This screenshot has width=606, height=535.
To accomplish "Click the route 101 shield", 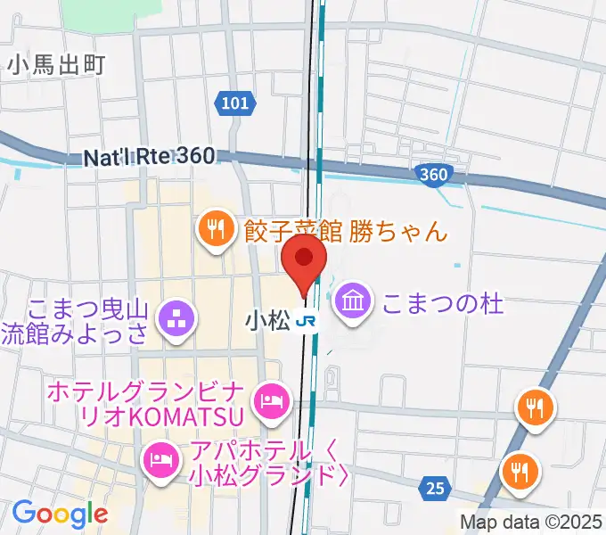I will pyautogui.click(x=233, y=104).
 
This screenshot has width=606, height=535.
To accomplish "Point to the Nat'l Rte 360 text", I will pyautogui.click(x=149, y=157).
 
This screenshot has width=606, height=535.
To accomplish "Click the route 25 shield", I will pyautogui.click(x=435, y=489).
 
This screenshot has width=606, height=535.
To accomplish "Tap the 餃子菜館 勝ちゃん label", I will pyautogui.click(x=344, y=232).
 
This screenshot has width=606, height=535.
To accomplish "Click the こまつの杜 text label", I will pyautogui.click(x=443, y=303).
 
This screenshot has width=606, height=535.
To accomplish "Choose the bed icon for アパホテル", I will pyautogui.click(x=160, y=459).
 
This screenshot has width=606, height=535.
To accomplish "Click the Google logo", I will pyautogui.click(x=60, y=514).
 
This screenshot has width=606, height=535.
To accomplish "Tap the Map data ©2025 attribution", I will pyautogui.click(x=531, y=522).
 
